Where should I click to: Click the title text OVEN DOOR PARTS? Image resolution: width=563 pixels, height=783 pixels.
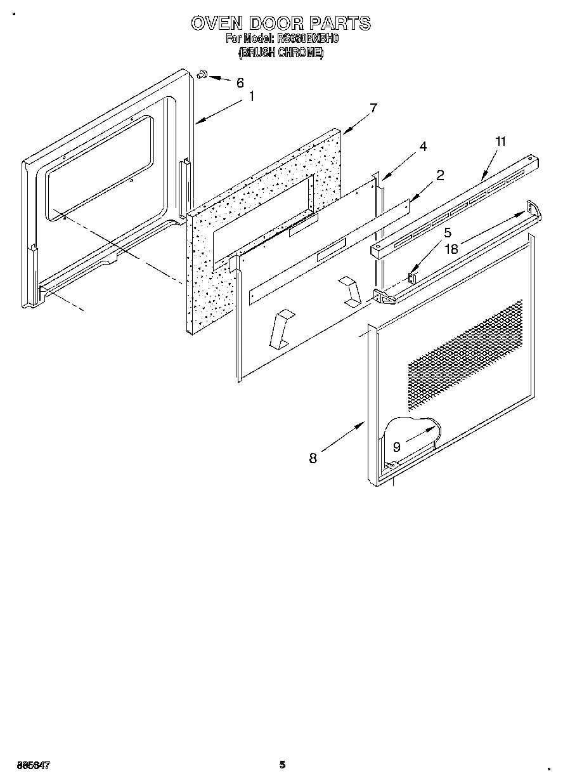click(x=281, y=23)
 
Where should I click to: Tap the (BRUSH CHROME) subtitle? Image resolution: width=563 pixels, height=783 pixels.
click(x=281, y=53)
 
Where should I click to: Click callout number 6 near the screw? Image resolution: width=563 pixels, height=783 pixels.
click(x=240, y=82)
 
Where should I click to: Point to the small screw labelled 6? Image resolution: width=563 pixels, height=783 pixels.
click(x=203, y=75)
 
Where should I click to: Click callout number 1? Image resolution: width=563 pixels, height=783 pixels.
click(x=252, y=96)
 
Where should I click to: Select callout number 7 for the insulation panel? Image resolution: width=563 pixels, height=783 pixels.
click(x=373, y=108)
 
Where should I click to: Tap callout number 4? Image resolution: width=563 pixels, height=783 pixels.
click(x=423, y=147)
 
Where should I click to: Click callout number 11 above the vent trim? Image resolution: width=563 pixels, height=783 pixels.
click(x=501, y=141)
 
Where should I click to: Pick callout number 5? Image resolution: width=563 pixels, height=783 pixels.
click(x=447, y=232)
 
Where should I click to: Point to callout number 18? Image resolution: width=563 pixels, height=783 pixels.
click(x=451, y=249)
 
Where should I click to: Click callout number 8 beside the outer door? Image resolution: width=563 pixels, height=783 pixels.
click(x=313, y=458)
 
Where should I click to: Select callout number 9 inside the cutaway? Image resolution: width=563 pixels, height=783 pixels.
click(x=396, y=447)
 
